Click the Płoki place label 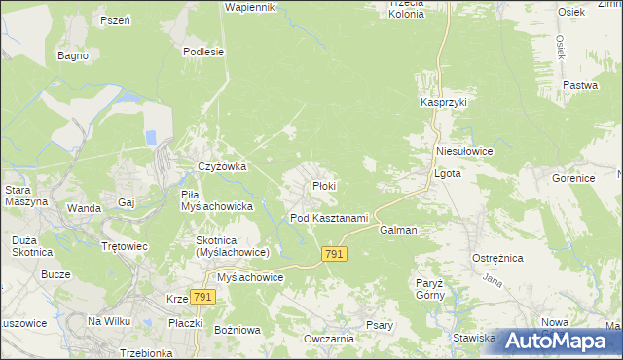[324, 186]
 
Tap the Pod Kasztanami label [329, 218]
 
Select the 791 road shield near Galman [334, 254]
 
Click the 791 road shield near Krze [202, 297]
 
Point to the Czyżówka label [222, 167]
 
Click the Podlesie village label [204, 53]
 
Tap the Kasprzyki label [444, 102]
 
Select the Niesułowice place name [465, 152]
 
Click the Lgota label [446, 175]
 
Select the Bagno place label [73, 55]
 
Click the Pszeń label [115, 20]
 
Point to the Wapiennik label [251, 7]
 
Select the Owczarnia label [328, 339]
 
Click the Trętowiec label [125, 246]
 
